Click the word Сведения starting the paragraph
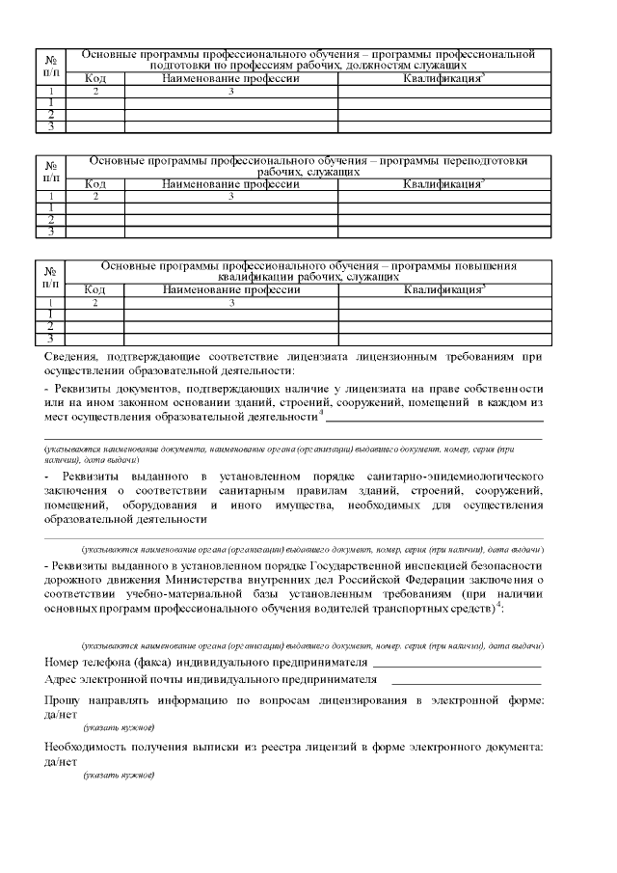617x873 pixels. pyautogui.click(x=70, y=357)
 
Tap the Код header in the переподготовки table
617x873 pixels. pyautogui.click(x=95, y=183)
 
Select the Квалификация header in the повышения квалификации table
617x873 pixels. pyautogui.click(x=443, y=288)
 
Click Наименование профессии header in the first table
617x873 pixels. pyautogui.click(x=230, y=78)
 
